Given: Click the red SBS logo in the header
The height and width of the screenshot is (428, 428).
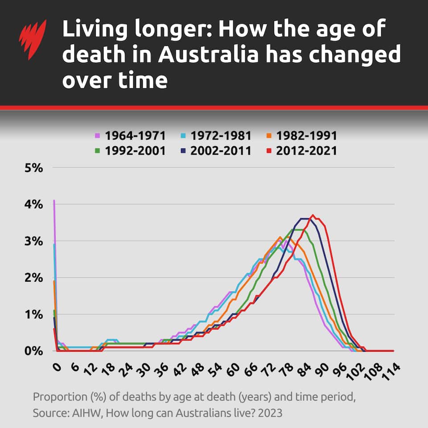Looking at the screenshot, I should coord(33,41).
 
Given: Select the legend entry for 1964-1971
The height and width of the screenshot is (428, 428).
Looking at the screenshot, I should coord(130,136).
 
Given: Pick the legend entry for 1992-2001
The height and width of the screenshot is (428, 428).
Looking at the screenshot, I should coord(130,151).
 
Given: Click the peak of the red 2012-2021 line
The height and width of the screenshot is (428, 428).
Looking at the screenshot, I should coord(313,215).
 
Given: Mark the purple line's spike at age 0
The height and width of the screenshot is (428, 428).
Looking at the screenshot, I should coord(54,201).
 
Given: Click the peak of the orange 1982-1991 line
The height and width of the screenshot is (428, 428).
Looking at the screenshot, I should coord(280,237).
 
